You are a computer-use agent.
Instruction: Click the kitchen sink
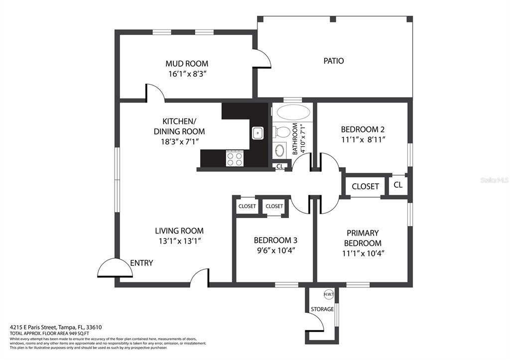258,133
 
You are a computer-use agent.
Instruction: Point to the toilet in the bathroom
282,132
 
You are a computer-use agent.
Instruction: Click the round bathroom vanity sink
279,150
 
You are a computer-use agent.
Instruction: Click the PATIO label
334,61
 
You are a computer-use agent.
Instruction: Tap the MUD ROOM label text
187,63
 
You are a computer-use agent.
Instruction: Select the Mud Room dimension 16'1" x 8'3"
188,74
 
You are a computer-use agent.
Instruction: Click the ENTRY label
141,263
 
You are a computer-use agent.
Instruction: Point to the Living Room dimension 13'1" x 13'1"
179,241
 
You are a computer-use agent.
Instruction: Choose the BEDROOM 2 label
363,129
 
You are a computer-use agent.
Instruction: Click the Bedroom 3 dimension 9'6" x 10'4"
275,251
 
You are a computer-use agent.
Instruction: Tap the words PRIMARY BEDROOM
363,238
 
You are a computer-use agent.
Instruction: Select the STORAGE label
322,309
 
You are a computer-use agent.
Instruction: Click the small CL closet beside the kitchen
280,166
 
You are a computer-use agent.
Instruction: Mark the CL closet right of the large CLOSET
398,185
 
